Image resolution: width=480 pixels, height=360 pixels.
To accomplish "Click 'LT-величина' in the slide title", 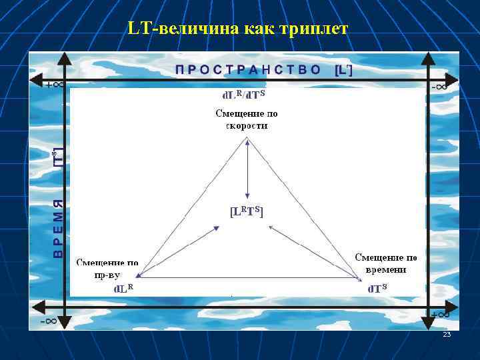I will (x=175, y=29).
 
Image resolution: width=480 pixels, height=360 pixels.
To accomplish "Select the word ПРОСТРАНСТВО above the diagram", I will (x=249, y=69).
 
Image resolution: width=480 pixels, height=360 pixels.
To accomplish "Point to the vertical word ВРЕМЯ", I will (x=59, y=229).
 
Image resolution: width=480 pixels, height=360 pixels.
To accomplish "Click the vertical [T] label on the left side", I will (x=59, y=157).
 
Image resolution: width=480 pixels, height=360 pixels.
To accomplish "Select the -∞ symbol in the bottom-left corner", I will (x=47, y=321).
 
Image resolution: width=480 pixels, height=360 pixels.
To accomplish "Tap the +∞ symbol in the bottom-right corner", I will (x=439, y=314).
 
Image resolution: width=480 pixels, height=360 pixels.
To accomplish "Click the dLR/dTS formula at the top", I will (x=243, y=95).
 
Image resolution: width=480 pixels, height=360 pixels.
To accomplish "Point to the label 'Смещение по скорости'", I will (x=247, y=119).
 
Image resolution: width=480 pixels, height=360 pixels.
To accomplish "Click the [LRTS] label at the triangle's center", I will (x=247, y=211).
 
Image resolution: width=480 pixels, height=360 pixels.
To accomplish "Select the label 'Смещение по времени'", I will (x=386, y=263).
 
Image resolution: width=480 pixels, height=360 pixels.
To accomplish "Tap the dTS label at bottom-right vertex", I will (x=377, y=289).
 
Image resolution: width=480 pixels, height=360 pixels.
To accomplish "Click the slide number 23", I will (x=447, y=334).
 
